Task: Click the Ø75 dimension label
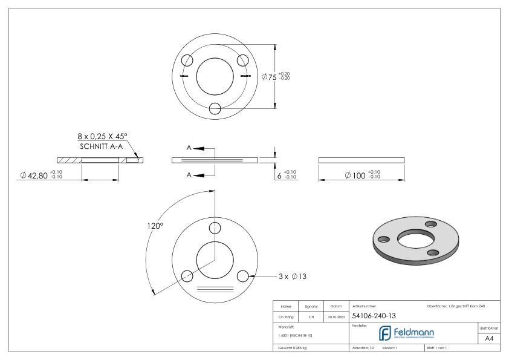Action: (x=269, y=77)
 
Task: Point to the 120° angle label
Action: (x=155, y=226)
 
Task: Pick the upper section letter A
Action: (x=190, y=147)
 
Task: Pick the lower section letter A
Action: (x=190, y=175)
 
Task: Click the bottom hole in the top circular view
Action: (x=215, y=108)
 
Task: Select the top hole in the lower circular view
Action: (x=215, y=227)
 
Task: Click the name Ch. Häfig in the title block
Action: (x=287, y=316)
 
